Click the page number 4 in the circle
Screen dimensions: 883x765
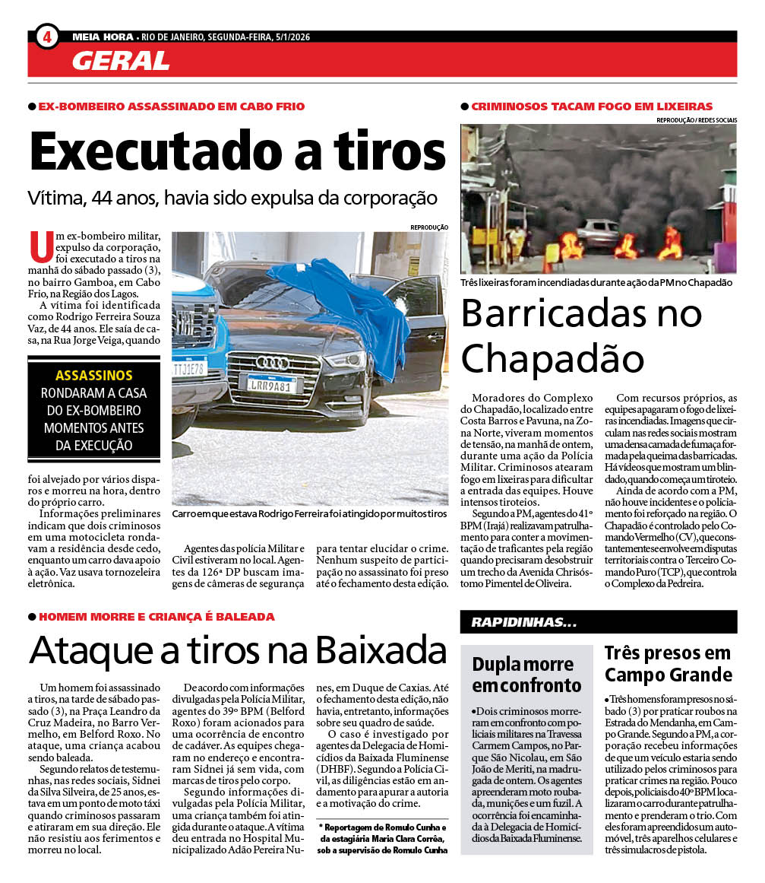(x=47, y=36)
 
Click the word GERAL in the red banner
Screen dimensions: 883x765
(x=120, y=60)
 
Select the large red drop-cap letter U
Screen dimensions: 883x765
(x=41, y=246)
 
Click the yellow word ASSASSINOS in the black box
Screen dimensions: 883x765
(x=93, y=375)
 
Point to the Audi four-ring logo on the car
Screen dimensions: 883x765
(x=272, y=363)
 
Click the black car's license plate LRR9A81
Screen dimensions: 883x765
(x=271, y=385)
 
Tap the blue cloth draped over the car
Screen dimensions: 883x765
(x=342, y=304)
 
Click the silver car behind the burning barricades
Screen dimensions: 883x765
(x=597, y=232)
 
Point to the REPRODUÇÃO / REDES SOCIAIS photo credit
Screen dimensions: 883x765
(x=696, y=120)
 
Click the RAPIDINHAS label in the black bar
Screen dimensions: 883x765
(x=523, y=622)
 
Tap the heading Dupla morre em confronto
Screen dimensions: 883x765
(x=526, y=674)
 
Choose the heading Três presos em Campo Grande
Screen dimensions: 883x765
(x=668, y=663)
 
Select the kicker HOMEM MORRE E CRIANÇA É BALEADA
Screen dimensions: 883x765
(x=156, y=616)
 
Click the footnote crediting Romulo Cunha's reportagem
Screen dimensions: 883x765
(x=383, y=838)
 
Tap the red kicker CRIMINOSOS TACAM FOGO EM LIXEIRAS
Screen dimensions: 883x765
(x=592, y=106)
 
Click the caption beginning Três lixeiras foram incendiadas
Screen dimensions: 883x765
(x=596, y=282)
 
